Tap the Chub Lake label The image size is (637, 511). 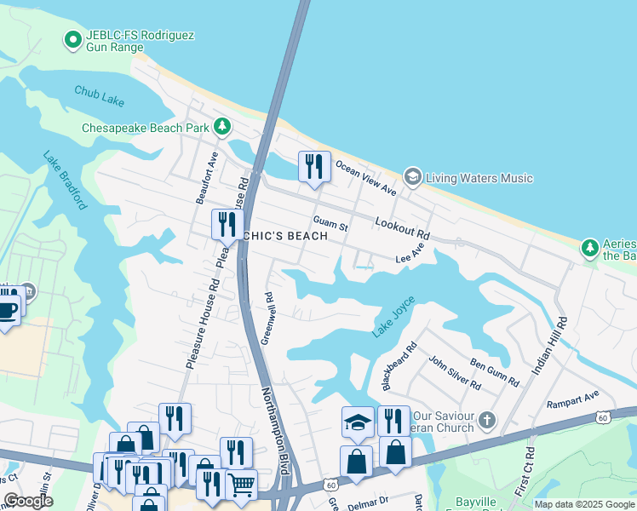pos(99,95)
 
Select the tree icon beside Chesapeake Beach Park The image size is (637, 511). pos(222,127)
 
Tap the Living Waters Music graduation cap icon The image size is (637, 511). pos(413,177)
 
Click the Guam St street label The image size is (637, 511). pos(330,224)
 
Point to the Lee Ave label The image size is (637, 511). pos(410,254)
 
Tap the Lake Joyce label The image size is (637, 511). pos(394,316)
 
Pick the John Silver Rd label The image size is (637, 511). pos(454,372)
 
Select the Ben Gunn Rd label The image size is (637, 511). pos(494,373)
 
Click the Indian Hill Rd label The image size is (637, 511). pos(548,346)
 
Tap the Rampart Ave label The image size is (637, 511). pos(573,396)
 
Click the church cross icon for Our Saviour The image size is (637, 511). pos(486,419)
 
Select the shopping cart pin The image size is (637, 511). pos(242,483)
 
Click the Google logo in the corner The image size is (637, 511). pos(28,501)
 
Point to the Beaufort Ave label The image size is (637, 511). pos(207,178)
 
